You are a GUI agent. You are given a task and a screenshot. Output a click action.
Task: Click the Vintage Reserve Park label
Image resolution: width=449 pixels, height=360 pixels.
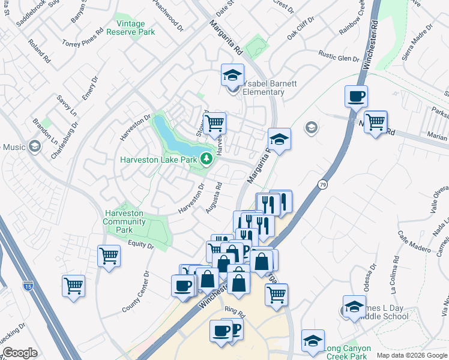(x=131, y=28)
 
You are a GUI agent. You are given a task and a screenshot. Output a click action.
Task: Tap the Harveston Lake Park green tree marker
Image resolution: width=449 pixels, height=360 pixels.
(x=206, y=158)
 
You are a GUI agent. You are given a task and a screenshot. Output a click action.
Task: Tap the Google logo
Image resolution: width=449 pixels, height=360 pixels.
(x=20, y=353)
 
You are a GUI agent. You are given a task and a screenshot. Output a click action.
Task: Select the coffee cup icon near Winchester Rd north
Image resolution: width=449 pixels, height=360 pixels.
(x=356, y=95)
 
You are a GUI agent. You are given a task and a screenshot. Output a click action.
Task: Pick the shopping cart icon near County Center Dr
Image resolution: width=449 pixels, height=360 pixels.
(x=73, y=285)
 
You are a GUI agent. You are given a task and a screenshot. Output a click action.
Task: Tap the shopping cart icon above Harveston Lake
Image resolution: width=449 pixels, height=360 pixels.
(x=214, y=123)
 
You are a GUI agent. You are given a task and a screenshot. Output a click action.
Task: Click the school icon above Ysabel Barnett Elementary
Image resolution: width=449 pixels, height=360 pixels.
(x=232, y=74)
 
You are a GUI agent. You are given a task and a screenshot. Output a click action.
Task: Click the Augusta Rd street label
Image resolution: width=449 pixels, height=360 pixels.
(x=214, y=197)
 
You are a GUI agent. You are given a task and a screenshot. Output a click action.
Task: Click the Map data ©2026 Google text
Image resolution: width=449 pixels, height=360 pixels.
(x=411, y=355)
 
